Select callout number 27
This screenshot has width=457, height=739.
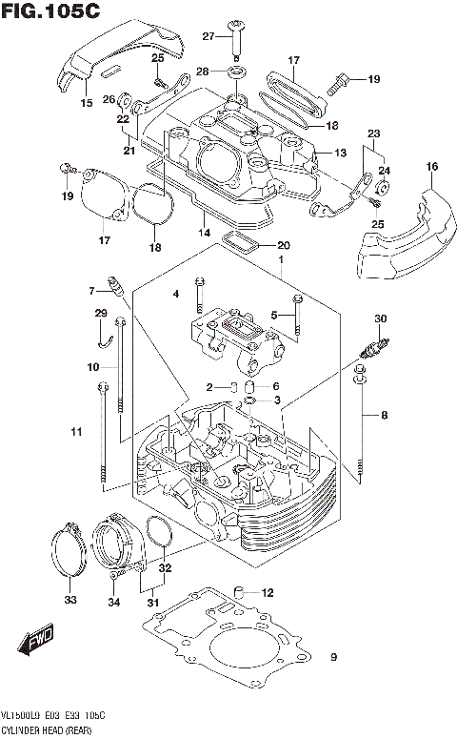[x=208, y=36]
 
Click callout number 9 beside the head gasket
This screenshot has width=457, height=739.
[x=333, y=657]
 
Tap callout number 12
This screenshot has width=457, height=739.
[x=268, y=592]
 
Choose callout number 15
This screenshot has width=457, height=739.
[x=87, y=102]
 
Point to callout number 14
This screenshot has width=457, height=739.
[x=203, y=231]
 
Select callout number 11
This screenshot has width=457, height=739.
[x=76, y=434]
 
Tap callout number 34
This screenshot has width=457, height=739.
[x=114, y=602]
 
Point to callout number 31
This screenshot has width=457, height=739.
[x=152, y=602]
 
